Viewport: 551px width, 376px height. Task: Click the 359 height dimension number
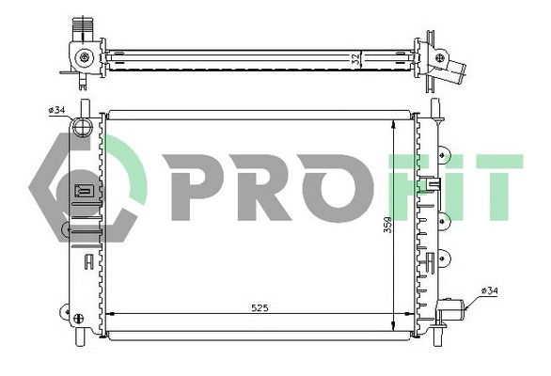(386, 228)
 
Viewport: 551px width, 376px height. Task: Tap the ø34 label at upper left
(56, 110)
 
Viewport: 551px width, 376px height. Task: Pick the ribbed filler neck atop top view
(82, 26)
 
